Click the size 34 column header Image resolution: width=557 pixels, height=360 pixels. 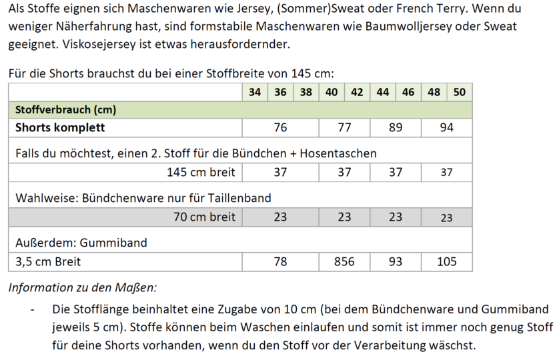point(254,93)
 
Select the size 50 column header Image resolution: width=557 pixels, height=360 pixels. point(459,93)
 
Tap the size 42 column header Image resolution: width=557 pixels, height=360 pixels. point(357,93)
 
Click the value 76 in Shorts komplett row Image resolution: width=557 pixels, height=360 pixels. point(280,127)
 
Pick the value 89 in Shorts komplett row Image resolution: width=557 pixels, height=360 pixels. point(396,127)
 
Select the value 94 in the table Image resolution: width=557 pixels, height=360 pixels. point(446,127)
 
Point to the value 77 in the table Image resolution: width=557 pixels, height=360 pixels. point(344,127)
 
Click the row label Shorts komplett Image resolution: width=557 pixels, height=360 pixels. point(60,127)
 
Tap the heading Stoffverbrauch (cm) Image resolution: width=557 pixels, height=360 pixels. point(66,110)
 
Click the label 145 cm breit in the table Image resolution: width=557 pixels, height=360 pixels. point(201,173)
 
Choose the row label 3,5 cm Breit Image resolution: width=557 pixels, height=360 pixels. point(48,262)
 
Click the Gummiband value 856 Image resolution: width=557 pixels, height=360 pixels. point(344,262)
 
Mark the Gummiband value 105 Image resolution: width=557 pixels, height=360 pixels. point(446,262)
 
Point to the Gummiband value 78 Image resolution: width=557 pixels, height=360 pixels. point(280,262)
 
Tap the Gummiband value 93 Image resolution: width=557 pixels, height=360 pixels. point(396,262)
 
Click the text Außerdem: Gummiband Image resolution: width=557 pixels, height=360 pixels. point(81,243)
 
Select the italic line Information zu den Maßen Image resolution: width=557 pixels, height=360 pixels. point(82,288)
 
